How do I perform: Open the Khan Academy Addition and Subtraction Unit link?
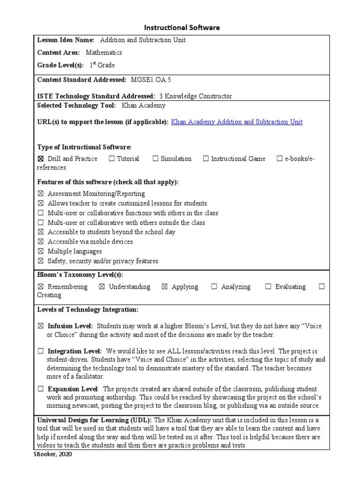[237, 122]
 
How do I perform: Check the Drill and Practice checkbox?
[40, 159]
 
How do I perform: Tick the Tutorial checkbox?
[112, 159]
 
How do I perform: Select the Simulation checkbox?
[156, 159]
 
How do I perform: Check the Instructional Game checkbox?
[206, 159]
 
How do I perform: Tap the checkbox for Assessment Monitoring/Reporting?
[40, 194]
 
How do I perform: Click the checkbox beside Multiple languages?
[40, 251]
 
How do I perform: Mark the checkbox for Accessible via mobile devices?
[40, 242]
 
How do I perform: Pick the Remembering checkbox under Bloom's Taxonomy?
[40, 287]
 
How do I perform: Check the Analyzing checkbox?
[214, 287]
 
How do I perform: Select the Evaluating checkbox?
[268, 287]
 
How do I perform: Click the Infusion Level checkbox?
[40, 326]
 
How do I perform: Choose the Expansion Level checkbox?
[40, 389]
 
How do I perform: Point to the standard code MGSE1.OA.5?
[148, 80]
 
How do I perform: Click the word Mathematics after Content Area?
[104, 52]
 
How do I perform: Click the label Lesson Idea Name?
[66, 40]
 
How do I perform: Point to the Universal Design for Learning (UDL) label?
[94, 420]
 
